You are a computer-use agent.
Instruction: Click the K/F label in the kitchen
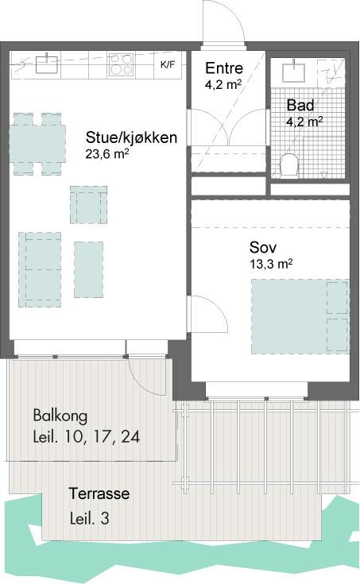(168, 65)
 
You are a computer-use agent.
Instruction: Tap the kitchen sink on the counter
(48, 64)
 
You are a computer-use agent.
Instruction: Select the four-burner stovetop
(121, 65)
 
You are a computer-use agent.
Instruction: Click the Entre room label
(224, 68)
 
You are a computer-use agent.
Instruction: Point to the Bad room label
(300, 105)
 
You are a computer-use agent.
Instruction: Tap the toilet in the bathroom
(289, 165)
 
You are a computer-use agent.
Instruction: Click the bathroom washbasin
(293, 72)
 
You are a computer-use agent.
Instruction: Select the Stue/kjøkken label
(131, 137)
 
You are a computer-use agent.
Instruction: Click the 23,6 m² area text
(107, 154)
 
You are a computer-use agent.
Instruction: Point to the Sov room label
(263, 247)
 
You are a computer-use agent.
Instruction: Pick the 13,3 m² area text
(271, 264)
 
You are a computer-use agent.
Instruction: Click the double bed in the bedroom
(300, 316)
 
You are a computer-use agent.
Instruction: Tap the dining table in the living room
(37, 144)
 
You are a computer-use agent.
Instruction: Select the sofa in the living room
(40, 269)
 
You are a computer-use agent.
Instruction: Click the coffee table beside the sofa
(88, 269)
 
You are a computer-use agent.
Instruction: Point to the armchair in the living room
(89, 205)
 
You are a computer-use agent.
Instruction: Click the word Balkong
(60, 416)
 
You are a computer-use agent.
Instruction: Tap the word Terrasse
(99, 493)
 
